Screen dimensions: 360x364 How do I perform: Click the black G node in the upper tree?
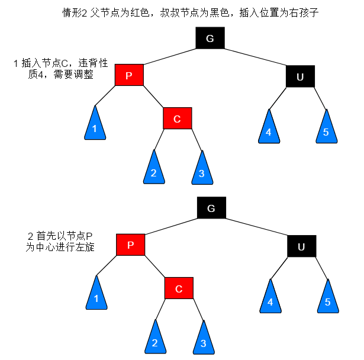pyautogui.click(x=210, y=38)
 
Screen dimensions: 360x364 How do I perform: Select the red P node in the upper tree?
pyautogui.click(x=129, y=75)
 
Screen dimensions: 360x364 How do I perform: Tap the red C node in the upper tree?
pyautogui.click(x=177, y=118)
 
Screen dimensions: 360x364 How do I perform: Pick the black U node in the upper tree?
pyautogui.click(x=299, y=76)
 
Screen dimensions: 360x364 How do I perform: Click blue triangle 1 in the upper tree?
pyautogui.click(x=94, y=126)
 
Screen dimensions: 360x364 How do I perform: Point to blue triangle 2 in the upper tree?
pyautogui.click(x=153, y=170)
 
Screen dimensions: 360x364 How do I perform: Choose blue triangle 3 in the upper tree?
pyautogui.click(x=202, y=171)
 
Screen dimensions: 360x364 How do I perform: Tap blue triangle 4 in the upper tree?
pyautogui.click(x=268, y=129)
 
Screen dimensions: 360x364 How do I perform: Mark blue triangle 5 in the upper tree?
pyautogui.click(x=326, y=129)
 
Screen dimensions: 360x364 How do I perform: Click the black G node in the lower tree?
pyautogui.click(x=211, y=208)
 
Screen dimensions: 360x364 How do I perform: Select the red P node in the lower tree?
pyautogui.click(x=131, y=245)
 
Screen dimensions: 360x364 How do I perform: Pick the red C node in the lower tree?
pyautogui.click(x=178, y=288)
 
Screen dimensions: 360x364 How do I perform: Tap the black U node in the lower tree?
pyautogui.click(x=301, y=246)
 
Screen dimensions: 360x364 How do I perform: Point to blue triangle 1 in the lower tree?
pyautogui.click(x=96, y=295)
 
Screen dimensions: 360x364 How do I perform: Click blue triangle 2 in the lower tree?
pyautogui.click(x=154, y=339)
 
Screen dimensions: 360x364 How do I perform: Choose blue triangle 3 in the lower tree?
pyautogui.click(x=203, y=340)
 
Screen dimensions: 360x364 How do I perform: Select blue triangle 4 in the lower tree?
pyautogui.click(x=270, y=299)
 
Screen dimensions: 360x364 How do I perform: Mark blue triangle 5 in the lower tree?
pyautogui.click(x=327, y=299)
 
